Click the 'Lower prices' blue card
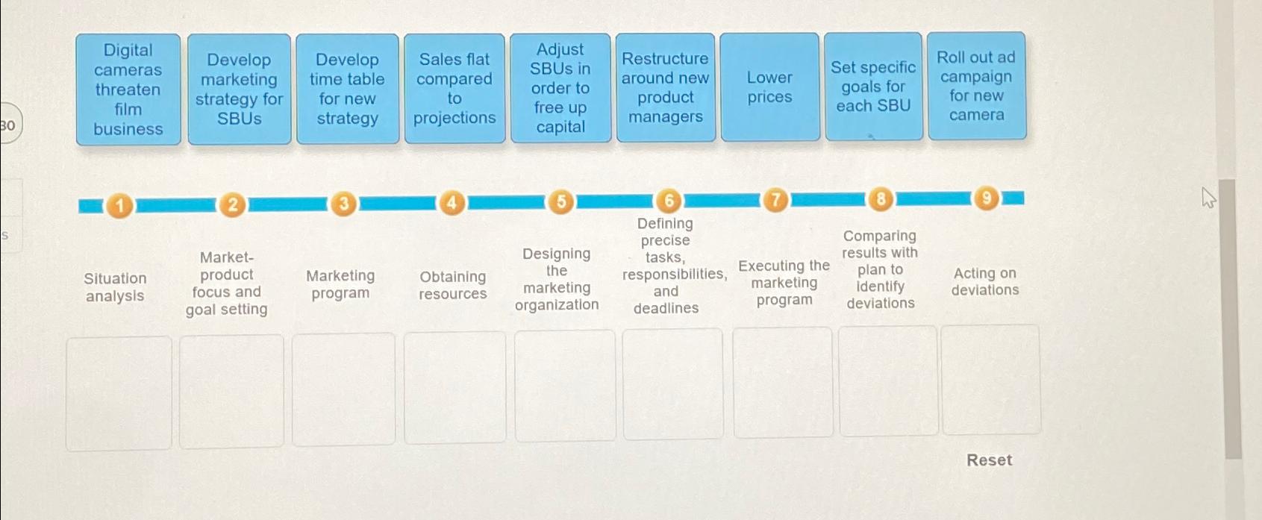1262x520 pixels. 769,87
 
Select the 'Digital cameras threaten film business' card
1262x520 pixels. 128,90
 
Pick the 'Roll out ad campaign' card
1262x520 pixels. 976,86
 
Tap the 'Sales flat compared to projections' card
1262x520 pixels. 454,89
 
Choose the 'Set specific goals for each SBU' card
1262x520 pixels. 873,87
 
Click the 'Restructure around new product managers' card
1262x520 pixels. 666,87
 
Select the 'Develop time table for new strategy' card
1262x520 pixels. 347,89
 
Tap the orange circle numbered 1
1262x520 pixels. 119,206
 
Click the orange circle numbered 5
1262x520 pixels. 560,201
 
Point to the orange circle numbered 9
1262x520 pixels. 986,198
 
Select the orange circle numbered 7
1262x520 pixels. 775,200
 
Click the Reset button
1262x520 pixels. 990,460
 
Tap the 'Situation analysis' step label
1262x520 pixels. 115,286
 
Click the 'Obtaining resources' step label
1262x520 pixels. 452,285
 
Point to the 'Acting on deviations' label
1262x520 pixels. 985,281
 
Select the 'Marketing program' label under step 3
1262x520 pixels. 340,284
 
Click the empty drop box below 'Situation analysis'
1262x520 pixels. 119,393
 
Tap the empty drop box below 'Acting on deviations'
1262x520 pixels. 991,380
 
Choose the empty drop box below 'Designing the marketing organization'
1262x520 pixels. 564,386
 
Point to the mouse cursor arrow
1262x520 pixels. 1208,198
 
